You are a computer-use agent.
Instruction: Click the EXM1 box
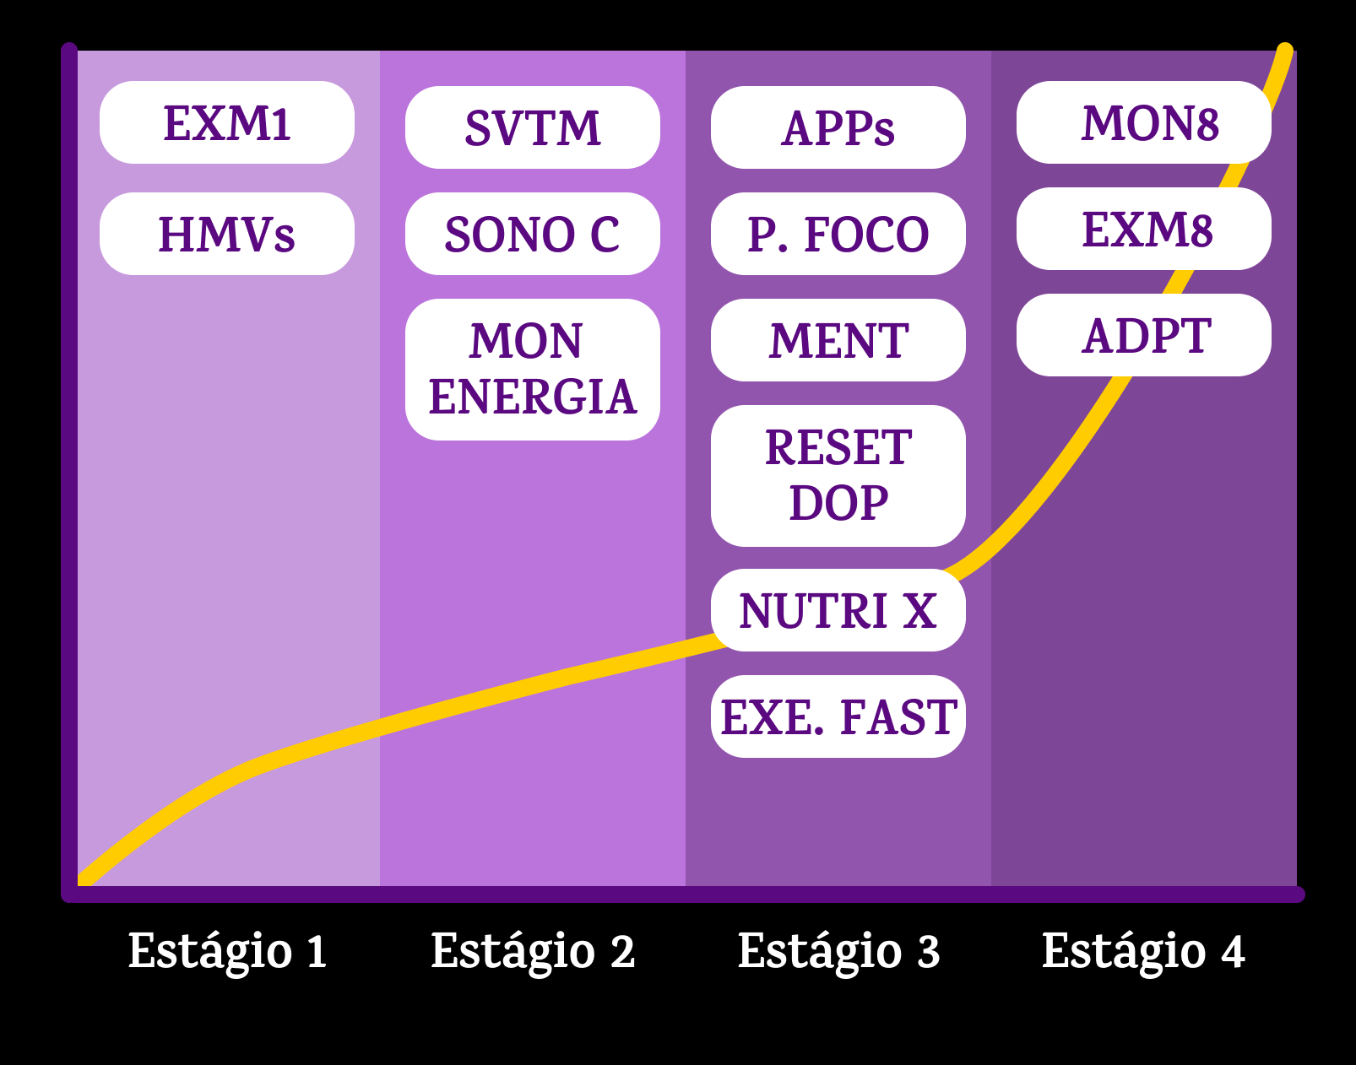[x=226, y=123]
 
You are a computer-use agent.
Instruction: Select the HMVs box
[x=226, y=234]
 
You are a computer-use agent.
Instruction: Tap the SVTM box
[x=532, y=127]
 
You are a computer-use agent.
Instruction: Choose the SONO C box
[x=532, y=234]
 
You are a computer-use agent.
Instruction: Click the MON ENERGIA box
[x=532, y=369]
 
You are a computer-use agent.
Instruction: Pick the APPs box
[x=838, y=127]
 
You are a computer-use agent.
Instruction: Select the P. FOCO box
[x=838, y=234]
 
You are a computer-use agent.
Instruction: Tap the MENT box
[x=838, y=340]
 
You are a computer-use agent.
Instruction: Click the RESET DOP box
[x=838, y=475]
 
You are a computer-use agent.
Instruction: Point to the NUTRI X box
[x=838, y=610]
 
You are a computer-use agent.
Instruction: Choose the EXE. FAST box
[x=838, y=716]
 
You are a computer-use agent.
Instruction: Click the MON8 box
[x=1143, y=123]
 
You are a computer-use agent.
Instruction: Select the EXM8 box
[x=1143, y=229]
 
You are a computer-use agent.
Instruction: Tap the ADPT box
[x=1143, y=335]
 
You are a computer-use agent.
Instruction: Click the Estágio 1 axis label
[x=227, y=951]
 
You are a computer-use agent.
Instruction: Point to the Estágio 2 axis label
[x=533, y=951]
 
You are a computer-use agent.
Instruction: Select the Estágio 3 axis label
[x=838, y=951]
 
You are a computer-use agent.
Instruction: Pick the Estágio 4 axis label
[x=1143, y=951]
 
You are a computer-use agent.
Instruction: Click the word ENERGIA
[x=532, y=397]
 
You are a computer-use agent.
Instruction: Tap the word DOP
[x=838, y=504]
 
